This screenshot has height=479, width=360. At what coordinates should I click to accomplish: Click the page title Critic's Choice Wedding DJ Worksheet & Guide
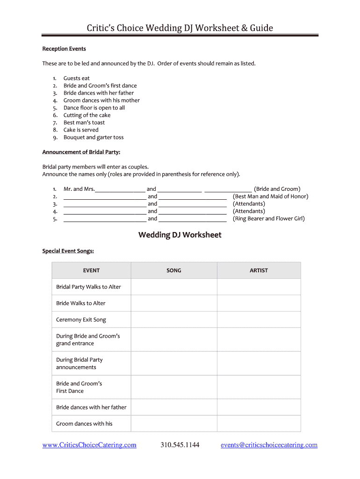pyautogui.click(x=180, y=28)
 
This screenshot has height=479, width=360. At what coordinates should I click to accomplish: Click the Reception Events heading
pyautogui.click(x=64, y=49)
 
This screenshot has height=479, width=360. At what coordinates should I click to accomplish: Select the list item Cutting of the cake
pyautogui.click(x=87, y=115)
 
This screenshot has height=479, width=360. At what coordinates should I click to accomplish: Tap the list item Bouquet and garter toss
pyautogui.click(x=94, y=138)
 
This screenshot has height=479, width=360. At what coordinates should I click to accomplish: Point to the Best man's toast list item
pyautogui.click(x=84, y=123)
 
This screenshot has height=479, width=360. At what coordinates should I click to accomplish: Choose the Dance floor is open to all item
pyautogui.click(x=94, y=108)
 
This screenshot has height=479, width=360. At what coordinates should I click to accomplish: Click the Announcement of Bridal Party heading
pyautogui.click(x=81, y=152)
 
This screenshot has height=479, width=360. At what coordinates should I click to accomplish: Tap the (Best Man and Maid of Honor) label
pyautogui.click(x=270, y=196)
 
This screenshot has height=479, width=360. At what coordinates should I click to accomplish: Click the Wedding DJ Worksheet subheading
pyautogui.click(x=180, y=235)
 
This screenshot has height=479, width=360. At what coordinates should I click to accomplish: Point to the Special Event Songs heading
pyautogui.click(x=68, y=251)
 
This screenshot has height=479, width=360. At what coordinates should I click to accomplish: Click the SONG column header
pyautogui.click(x=174, y=270)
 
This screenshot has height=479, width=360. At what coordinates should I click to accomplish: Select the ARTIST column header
pyautogui.click(x=259, y=270)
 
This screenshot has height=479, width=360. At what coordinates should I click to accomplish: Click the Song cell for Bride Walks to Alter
pyautogui.click(x=174, y=303)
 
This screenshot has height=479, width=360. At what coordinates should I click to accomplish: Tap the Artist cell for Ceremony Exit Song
pyautogui.click(x=259, y=319)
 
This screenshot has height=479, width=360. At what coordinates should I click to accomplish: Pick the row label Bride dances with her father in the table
pyautogui.click(x=91, y=407)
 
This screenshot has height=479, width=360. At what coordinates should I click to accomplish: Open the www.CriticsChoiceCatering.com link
pyautogui.click(x=89, y=445)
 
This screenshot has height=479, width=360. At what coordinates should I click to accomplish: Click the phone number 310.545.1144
pyautogui.click(x=180, y=445)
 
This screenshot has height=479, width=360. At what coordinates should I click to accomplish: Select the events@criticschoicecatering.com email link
pyautogui.click(x=269, y=445)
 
